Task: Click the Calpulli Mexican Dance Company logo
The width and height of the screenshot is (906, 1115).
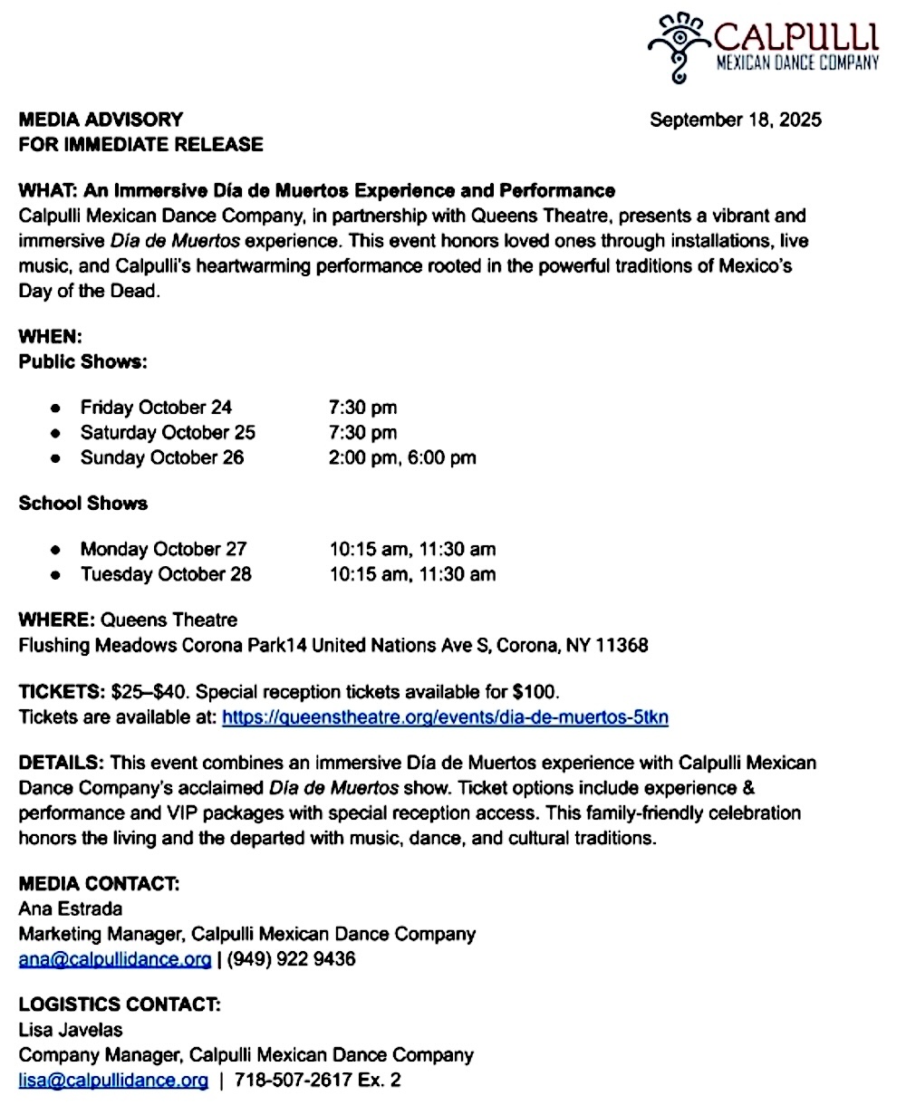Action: tap(763, 46)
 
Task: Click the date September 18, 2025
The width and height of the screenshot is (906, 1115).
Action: tap(736, 120)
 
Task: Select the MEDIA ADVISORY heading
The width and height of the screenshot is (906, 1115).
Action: tap(101, 119)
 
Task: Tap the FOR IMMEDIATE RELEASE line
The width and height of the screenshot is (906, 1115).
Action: tap(140, 144)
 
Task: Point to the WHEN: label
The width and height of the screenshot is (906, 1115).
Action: tap(51, 336)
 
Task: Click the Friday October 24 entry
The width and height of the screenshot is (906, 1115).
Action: tap(156, 408)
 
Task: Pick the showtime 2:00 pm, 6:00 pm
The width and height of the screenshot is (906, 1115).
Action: tap(401, 457)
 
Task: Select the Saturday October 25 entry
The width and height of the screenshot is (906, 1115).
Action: tap(168, 432)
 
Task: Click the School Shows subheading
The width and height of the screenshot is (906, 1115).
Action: tap(83, 503)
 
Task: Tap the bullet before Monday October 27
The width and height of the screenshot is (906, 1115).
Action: tap(57, 550)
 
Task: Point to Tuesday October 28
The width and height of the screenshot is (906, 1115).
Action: tap(166, 574)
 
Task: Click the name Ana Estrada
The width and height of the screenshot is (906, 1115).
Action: tap(70, 908)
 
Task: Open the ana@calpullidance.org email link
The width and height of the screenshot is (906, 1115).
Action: tap(114, 958)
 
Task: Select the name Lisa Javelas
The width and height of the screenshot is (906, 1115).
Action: tap(70, 1030)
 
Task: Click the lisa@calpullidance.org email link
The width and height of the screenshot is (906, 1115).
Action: tap(113, 1080)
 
